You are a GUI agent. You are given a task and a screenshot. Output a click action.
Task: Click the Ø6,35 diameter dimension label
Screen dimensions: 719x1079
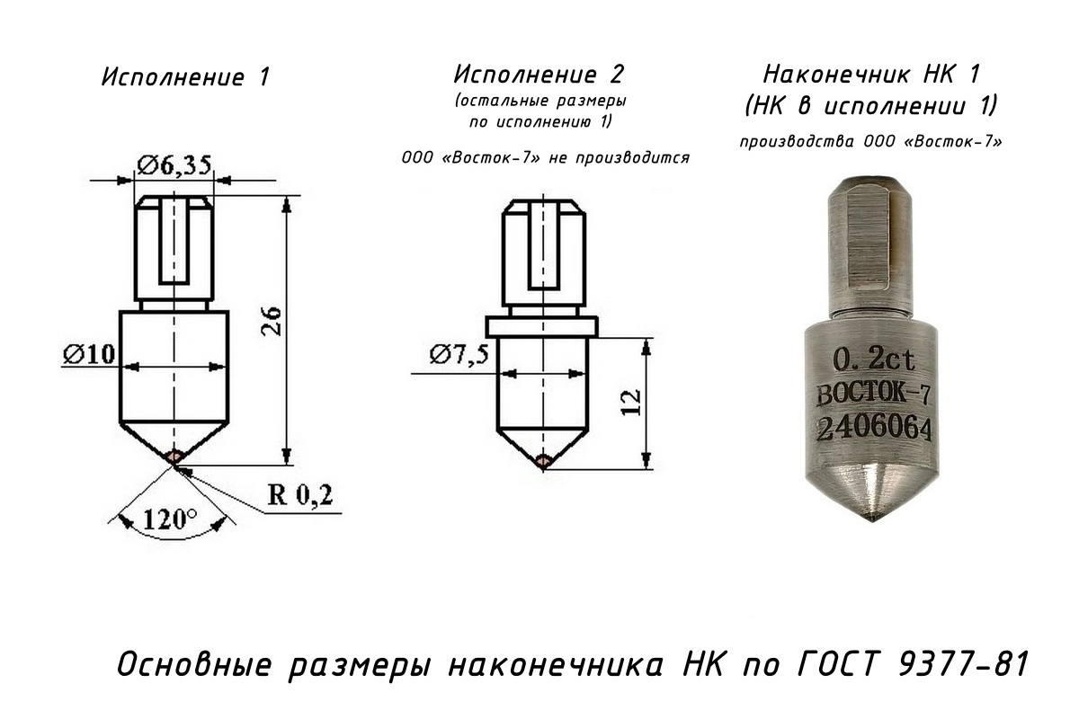click(174, 164)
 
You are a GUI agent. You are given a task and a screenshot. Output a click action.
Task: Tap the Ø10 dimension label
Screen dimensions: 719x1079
click(89, 354)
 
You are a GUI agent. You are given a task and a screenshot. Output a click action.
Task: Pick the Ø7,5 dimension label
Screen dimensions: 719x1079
click(459, 354)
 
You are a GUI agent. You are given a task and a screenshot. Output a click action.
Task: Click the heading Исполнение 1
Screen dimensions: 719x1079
click(185, 77)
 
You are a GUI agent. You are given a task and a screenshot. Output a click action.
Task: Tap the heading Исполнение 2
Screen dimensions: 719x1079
click(539, 73)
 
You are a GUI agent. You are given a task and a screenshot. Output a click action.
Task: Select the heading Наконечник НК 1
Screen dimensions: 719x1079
click(870, 73)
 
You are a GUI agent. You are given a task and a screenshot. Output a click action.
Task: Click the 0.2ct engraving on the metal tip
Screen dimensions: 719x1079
click(874, 361)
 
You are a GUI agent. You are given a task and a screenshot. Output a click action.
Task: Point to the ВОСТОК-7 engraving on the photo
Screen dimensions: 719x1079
click(873, 395)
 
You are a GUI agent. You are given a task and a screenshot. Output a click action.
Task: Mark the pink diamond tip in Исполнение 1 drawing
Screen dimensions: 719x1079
click(175, 457)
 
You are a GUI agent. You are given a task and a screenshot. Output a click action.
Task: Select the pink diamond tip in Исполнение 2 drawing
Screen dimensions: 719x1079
click(542, 462)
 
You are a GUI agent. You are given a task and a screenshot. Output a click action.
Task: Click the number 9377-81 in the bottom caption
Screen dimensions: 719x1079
click(960, 667)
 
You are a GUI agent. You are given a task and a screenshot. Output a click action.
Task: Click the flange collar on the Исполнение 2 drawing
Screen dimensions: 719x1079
click(541, 324)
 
